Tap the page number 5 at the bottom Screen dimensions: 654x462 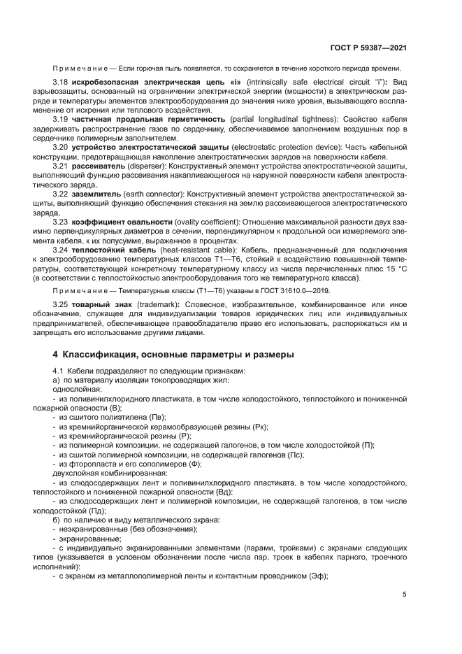coord(405,595)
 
